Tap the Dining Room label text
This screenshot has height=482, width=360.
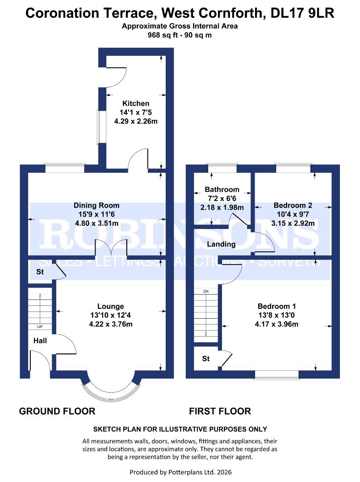[96, 205]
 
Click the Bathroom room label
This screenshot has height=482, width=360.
[222, 190]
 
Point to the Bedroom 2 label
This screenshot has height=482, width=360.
[293, 206]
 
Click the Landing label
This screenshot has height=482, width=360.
[222, 244]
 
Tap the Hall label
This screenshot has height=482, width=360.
[40, 341]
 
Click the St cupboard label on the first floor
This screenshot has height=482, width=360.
[206, 358]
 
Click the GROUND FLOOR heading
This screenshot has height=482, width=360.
[57, 411]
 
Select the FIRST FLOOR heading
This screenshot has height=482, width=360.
[220, 411]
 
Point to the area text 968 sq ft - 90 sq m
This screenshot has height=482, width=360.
[180, 35]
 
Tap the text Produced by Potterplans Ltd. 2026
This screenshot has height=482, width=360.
[180, 472]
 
